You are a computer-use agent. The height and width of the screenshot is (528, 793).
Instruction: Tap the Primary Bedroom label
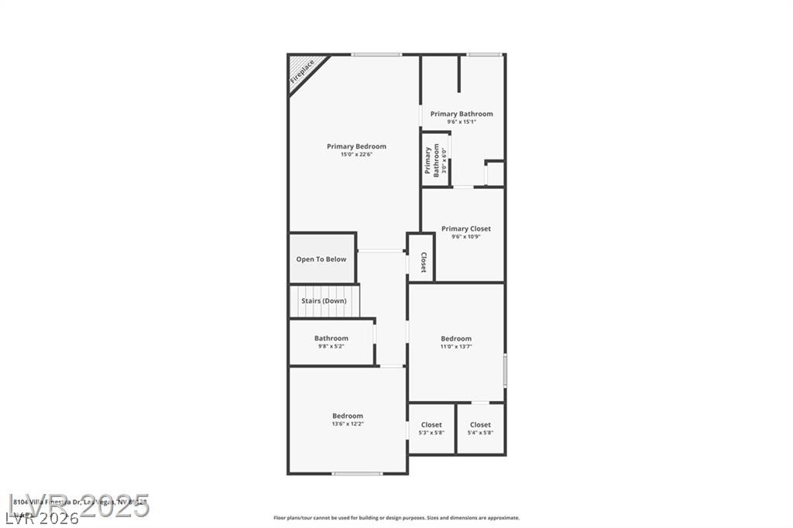click(x=356, y=146)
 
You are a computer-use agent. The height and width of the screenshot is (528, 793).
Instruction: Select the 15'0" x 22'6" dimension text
click(x=356, y=155)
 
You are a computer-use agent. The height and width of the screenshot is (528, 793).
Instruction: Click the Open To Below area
click(x=321, y=259)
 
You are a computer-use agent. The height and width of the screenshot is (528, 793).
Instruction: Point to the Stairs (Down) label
click(x=324, y=300)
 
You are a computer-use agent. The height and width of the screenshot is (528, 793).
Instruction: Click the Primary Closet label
click(x=466, y=229)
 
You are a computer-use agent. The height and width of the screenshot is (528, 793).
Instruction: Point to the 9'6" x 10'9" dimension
click(x=466, y=237)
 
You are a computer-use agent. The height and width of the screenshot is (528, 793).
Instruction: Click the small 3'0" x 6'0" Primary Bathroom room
click(x=436, y=160)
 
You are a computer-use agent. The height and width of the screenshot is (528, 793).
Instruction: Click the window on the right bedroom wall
click(x=505, y=370)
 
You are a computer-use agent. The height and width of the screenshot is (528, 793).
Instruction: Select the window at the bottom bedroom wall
click(x=357, y=473)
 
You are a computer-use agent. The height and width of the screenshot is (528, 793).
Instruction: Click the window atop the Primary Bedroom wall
click(x=376, y=54)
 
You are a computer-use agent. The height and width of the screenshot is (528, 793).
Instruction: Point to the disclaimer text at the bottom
click(x=396, y=518)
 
